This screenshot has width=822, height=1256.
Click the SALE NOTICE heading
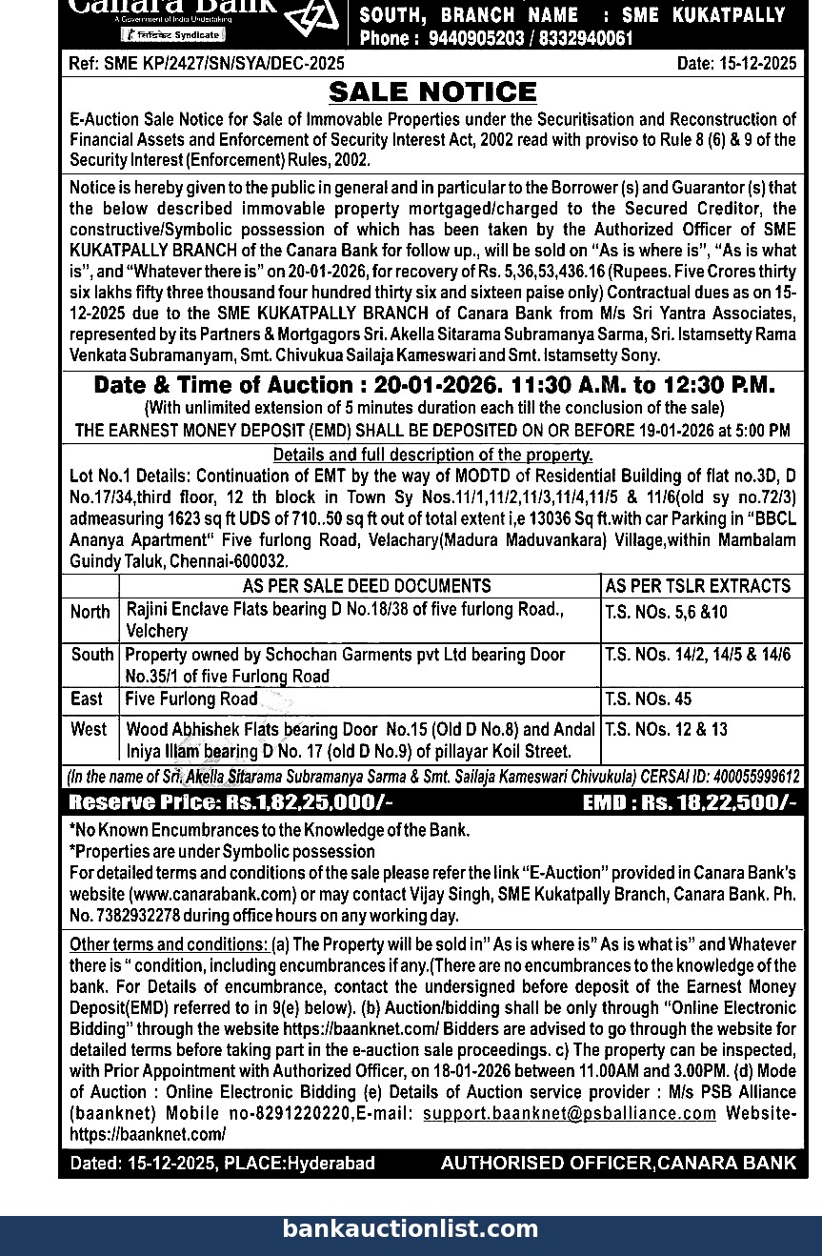coord(432,92)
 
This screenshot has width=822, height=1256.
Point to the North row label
coord(90,612)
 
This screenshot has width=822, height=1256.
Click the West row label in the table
coord(89,730)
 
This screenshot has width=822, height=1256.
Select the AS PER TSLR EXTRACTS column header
coord(698,586)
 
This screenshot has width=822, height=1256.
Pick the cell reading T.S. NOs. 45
coord(649,699)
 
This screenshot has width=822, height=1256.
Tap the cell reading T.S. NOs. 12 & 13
coord(666,730)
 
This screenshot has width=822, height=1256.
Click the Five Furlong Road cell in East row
coord(191,699)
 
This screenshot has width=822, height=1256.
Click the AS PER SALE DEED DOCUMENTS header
coord(367,586)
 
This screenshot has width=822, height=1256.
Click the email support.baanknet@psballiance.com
coord(570,1113)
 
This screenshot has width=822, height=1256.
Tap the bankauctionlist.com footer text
coord(411,1229)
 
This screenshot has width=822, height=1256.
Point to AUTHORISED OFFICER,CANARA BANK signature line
coord(618,1163)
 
